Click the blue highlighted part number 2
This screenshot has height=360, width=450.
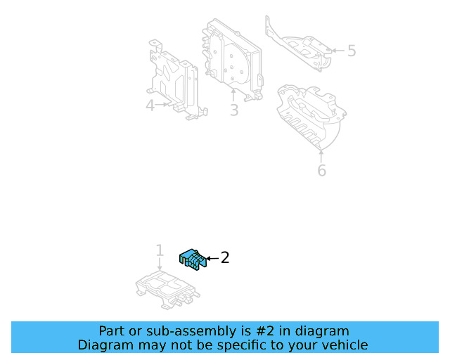click(x=192, y=259)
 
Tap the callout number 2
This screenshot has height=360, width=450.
click(x=225, y=258)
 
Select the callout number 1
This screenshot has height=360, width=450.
click(x=160, y=250)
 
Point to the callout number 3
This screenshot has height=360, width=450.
click(x=233, y=110)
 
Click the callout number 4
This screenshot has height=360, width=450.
click(x=150, y=105)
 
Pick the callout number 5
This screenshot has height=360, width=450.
click(x=352, y=51)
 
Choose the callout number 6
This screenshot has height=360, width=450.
click(x=321, y=170)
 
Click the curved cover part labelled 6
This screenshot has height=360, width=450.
click(x=309, y=116)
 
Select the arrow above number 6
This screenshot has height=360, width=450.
click(x=321, y=155)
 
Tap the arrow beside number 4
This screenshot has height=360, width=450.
click(x=163, y=105)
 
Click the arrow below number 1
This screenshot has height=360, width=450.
click(x=160, y=264)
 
